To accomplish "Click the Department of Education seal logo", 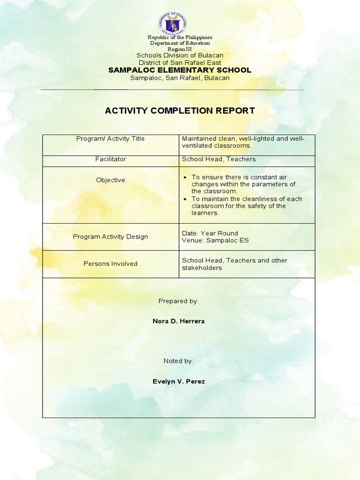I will point(180,23).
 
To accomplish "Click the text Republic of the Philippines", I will point(180,37).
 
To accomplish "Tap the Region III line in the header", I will point(180,49).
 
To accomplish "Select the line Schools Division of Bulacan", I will point(180,55).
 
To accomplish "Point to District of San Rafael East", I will point(180,62).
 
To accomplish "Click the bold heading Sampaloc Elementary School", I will point(180,70).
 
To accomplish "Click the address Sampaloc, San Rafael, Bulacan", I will point(180,78).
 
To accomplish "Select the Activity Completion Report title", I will point(180,111).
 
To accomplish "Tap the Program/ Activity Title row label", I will point(111,139).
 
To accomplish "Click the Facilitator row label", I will point(111,159).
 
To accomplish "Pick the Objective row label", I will point(111,180).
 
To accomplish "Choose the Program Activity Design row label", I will point(111,237).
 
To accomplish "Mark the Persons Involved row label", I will point(111,264).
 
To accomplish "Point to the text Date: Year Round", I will point(210,233).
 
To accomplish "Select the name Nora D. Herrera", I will point(179,321).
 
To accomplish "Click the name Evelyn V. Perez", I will point(179,382).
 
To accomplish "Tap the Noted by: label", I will point(178,361).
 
